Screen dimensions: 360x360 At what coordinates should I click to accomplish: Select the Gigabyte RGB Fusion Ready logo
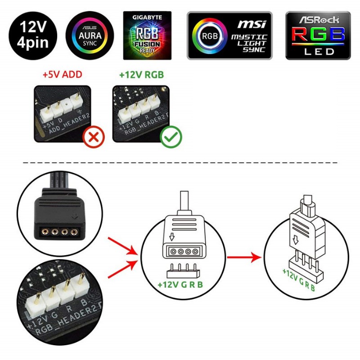(147, 35)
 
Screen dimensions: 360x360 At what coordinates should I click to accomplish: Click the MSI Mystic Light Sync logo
(229, 36)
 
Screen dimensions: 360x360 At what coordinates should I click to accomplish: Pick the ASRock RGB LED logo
(318, 36)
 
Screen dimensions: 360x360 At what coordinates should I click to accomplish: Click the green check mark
(171, 138)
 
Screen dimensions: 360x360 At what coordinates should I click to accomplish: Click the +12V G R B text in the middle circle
(180, 284)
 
